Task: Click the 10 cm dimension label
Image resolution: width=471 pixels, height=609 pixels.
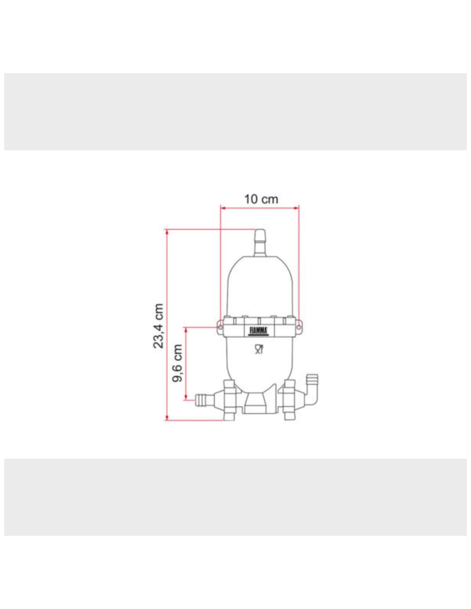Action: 261,199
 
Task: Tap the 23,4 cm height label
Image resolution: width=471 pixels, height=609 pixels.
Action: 158,326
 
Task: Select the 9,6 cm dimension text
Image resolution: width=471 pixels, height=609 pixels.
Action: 177,363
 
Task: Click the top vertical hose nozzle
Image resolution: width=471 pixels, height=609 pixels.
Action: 260,242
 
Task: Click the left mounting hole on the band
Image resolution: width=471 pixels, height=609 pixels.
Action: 220,327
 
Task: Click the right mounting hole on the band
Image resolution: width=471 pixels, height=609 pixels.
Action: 299,327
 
